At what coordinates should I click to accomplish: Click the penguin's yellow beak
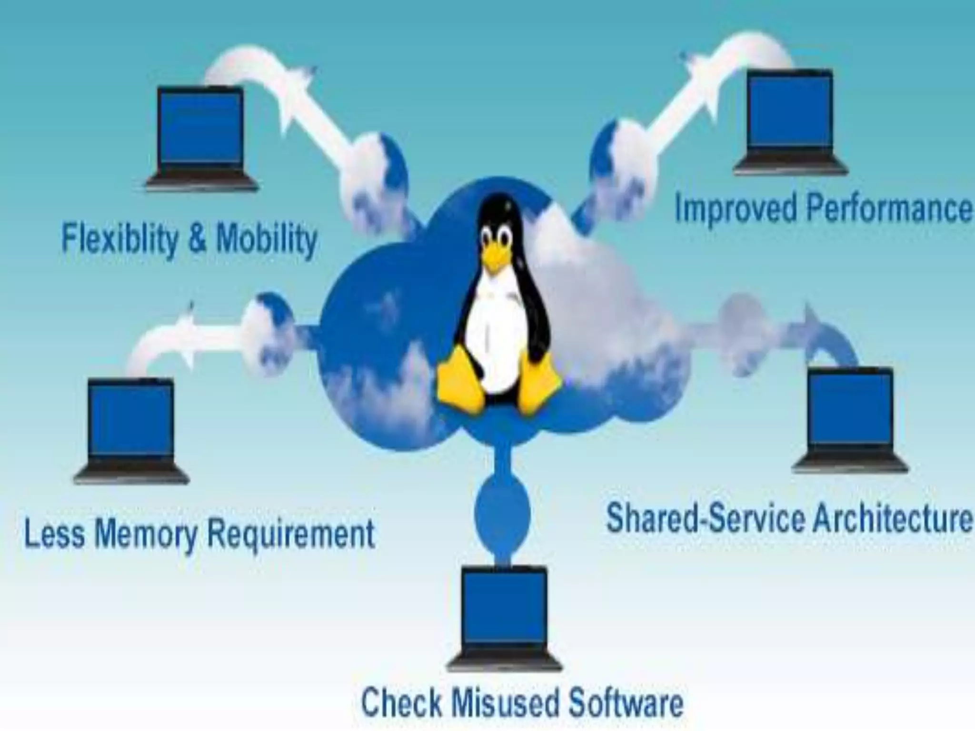(x=494, y=260)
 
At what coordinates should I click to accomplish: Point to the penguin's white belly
(x=495, y=333)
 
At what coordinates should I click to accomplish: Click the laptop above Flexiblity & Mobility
(x=202, y=138)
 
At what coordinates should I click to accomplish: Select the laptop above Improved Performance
(x=790, y=122)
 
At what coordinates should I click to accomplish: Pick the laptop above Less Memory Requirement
(x=131, y=428)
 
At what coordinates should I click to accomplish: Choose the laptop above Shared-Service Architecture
(x=850, y=419)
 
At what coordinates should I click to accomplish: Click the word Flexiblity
(x=119, y=239)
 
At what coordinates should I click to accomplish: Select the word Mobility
(x=267, y=239)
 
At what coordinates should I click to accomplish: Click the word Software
(x=627, y=702)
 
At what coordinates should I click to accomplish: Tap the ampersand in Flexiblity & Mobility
(x=197, y=239)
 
